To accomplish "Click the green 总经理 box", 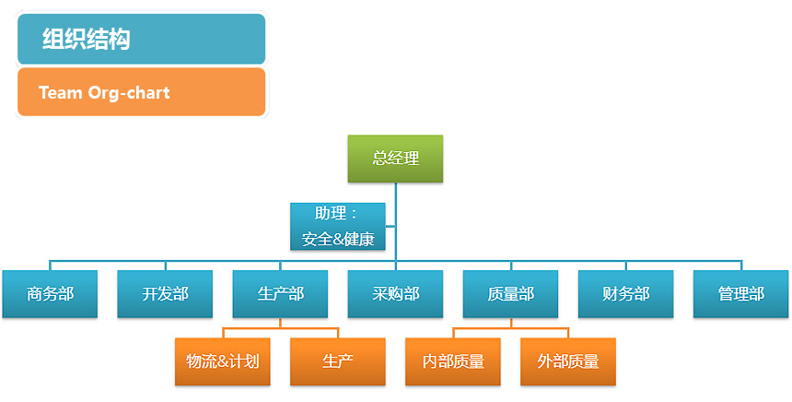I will tap(395, 159).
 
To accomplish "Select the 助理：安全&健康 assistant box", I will tap(338, 227).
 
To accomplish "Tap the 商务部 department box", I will tap(50, 294).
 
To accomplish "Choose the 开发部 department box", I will tap(165, 294).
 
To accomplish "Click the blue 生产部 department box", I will tap(280, 294).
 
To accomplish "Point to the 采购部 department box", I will tap(395, 294).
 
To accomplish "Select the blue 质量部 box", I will tap(510, 294).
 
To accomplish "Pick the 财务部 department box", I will tap(625, 294).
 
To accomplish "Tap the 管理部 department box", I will tap(740, 294).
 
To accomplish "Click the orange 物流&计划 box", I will tap(222, 361).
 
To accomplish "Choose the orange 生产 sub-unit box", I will tap(337, 361).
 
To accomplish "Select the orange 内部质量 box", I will tap(452, 361).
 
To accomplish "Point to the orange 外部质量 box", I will tap(567, 361).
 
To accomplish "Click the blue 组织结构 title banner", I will tap(141, 40).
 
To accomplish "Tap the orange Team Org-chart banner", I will tap(141, 92).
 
